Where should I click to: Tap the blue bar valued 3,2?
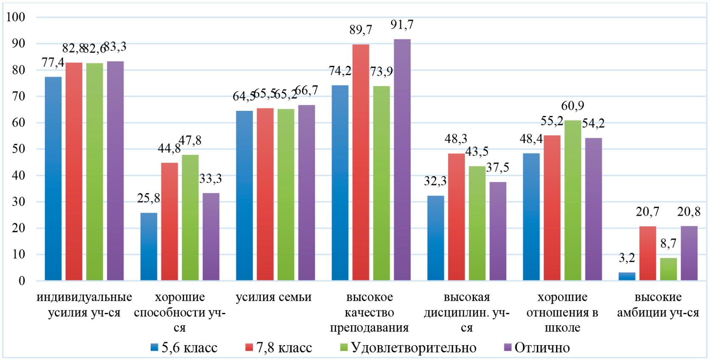pos(627,276)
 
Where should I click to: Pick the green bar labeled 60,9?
pos(572,200)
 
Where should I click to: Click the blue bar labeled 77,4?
pos(53,178)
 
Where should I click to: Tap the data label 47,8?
pos(190,141)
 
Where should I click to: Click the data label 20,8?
pos(689,211)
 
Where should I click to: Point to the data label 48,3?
pos(456,139)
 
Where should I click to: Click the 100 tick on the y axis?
pos(16,17)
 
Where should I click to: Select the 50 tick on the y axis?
pos(18,149)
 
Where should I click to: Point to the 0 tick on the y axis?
pos(22,281)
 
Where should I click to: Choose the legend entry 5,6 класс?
pos(185,348)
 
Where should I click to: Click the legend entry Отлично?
pos(537,348)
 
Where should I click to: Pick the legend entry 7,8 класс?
pos(279,348)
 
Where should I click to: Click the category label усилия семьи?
pos(274,297)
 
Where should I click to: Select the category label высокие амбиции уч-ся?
pos(658,305)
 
